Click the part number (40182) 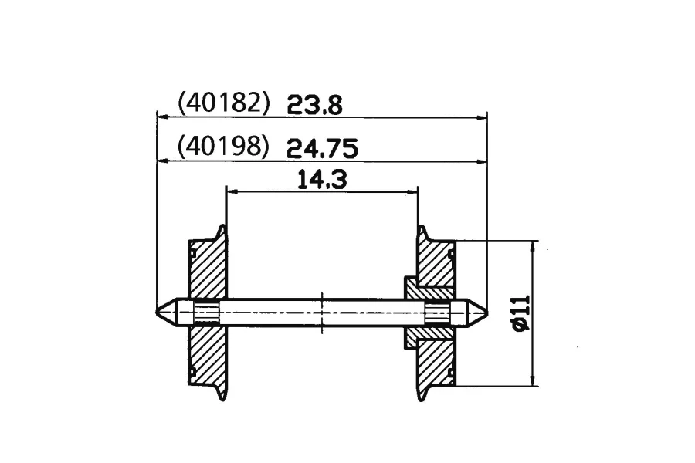click(223, 103)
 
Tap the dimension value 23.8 click(315, 106)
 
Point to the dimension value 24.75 click(322, 148)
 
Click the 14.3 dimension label click(322, 180)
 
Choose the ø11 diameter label click(521, 313)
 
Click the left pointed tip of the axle click(157, 312)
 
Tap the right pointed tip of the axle click(487, 313)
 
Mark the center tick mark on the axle click(322, 313)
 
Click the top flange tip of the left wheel click(222, 226)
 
